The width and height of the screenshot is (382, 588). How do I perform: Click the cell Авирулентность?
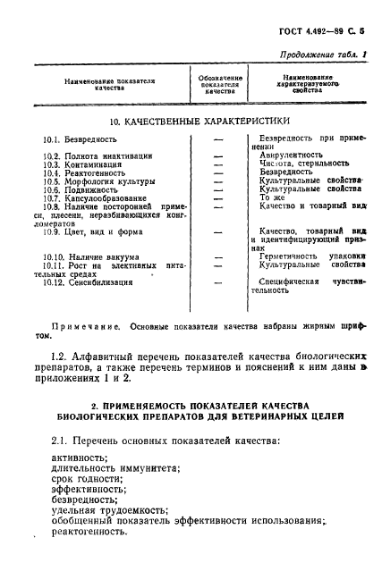(291, 155)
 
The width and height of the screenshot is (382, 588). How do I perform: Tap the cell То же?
(270, 197)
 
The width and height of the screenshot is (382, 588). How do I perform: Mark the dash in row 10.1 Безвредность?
(217, 140)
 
